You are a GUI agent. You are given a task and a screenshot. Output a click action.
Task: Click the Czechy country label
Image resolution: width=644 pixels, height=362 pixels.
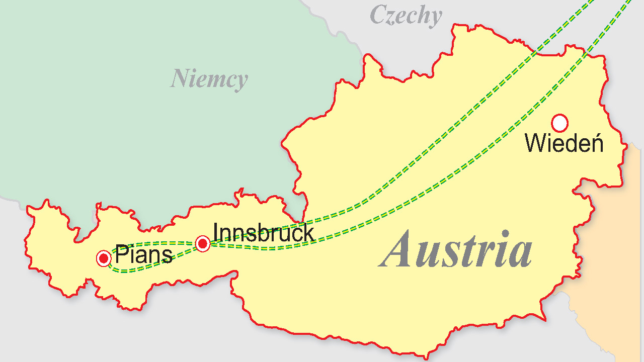(406, 16)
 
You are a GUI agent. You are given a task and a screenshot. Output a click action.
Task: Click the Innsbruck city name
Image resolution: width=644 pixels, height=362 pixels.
(263, 233)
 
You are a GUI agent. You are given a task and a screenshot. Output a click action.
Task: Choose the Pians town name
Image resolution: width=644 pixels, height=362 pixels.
(144, 255)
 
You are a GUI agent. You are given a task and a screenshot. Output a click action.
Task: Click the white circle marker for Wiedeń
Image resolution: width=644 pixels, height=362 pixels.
(559, 123)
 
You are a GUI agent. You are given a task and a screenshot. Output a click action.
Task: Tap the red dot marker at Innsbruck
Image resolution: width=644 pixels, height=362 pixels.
(203, 244)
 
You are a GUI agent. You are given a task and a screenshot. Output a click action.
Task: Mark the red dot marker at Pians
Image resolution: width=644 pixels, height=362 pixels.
(104, 258)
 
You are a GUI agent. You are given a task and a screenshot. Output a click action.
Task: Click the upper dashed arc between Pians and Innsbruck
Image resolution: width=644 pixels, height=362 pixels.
(151, 243)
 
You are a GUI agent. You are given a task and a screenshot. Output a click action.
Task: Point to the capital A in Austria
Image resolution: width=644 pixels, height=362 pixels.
(399, 250)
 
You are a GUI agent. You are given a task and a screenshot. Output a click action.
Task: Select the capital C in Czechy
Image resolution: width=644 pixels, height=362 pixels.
(379, 15)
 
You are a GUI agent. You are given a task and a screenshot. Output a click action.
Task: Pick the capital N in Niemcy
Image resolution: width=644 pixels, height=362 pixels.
(179, 78)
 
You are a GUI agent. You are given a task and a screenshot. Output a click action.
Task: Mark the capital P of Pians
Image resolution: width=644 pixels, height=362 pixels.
(121, 254)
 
